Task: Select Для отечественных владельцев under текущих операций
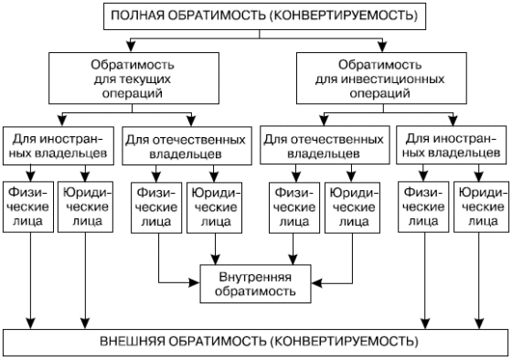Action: pos(185,148)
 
